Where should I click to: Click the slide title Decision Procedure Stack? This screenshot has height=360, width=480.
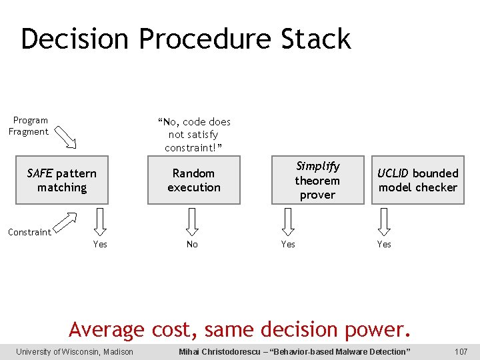pos(185,39)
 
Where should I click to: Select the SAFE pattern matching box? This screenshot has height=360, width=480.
pos(61,181)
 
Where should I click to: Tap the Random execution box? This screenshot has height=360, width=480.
pos(193,181)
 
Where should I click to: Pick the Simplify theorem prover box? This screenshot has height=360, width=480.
pos(317,181)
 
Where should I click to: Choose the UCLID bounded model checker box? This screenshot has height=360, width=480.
pos(417,181)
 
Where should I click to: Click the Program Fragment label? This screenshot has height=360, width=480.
pos(29,126)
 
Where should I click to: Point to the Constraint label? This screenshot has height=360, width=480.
pos(29,232)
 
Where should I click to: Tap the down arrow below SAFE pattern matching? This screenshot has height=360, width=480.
pos(99,221)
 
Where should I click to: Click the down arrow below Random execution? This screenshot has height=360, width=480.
pos(192,221)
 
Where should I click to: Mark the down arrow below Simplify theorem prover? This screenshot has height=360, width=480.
pos(288,221)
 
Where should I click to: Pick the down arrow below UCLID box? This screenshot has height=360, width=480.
pos(384,221)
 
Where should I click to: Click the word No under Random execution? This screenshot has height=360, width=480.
pos(192,245)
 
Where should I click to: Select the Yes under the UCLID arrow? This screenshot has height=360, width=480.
pos(384,245)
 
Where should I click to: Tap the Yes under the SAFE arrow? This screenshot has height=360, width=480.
pos(100,245)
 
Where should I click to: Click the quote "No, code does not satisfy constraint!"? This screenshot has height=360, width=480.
pos(194,134)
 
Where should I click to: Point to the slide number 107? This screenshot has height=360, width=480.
pos(461,352)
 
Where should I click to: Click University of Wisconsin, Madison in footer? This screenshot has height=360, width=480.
pos(75,352)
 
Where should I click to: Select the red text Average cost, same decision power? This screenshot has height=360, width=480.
pos(240,329)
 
